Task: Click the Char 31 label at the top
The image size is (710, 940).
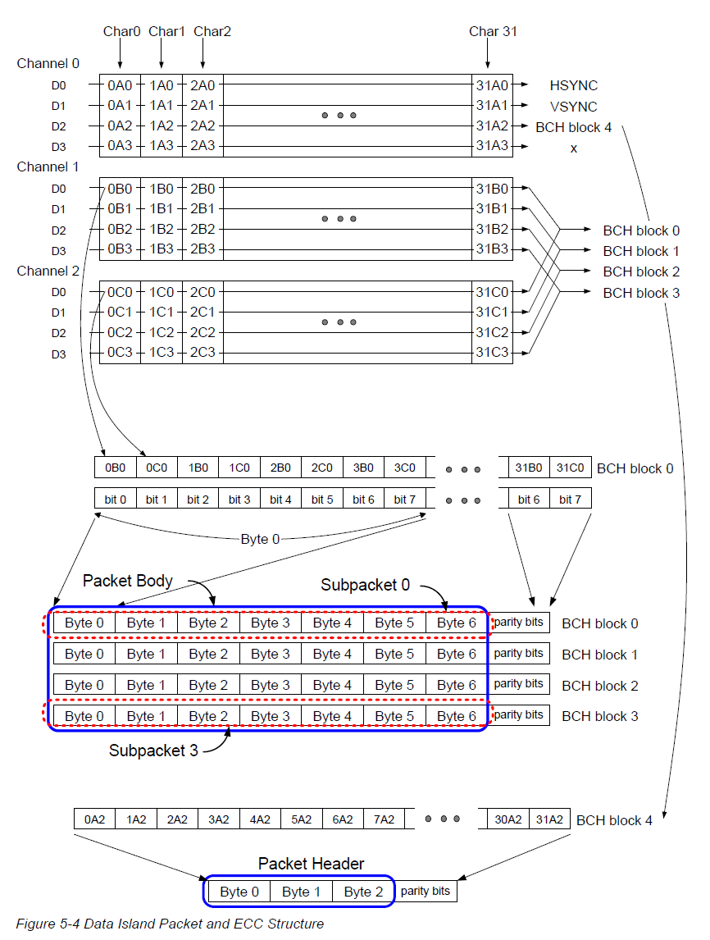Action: pyautogui.click(x=493, y=32)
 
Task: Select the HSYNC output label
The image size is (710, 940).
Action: pyautogui.click(x=574, y=85)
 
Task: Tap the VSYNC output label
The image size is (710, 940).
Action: pyautogui.click(x=574, y=107)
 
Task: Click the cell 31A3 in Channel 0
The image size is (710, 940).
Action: pyautogui.click(x=492, y=147)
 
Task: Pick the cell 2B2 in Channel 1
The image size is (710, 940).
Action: pyautogui.click(x=203, y=230)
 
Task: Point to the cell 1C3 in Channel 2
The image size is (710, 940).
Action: pyautogui.click(x=162, y=354)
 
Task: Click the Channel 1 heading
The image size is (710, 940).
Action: pyautogui.click(x=48, y=167)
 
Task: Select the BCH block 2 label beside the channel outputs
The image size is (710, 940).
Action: pyautogui.click(x=640, y=272)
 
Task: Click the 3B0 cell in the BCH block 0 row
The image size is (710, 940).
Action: pyautogui.click(x=363, y=468)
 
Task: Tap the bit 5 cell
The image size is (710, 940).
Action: pyautogui.click(x=322, y=500)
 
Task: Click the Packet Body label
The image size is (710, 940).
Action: pyautogui.click(x=128, y=581)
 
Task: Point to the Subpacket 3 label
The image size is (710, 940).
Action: pyautogui.click(x=153, y=751)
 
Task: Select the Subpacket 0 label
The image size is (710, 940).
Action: pyautogui.click(x=365, y=585)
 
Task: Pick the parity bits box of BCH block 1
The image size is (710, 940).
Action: pyautogui.click(x=518, y=654)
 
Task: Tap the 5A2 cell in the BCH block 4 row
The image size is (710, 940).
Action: pyautogui.click(x=302, y=819)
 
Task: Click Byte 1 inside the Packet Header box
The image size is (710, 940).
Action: pyautogui.click(x=301, y=892)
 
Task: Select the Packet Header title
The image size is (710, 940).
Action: pyautogui.click(x=311, y=864)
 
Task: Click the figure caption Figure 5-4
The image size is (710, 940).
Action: pyautogui.click(x=170, y=924)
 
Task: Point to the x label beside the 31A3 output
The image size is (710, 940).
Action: pyautogui.click(x=574, y=148)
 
